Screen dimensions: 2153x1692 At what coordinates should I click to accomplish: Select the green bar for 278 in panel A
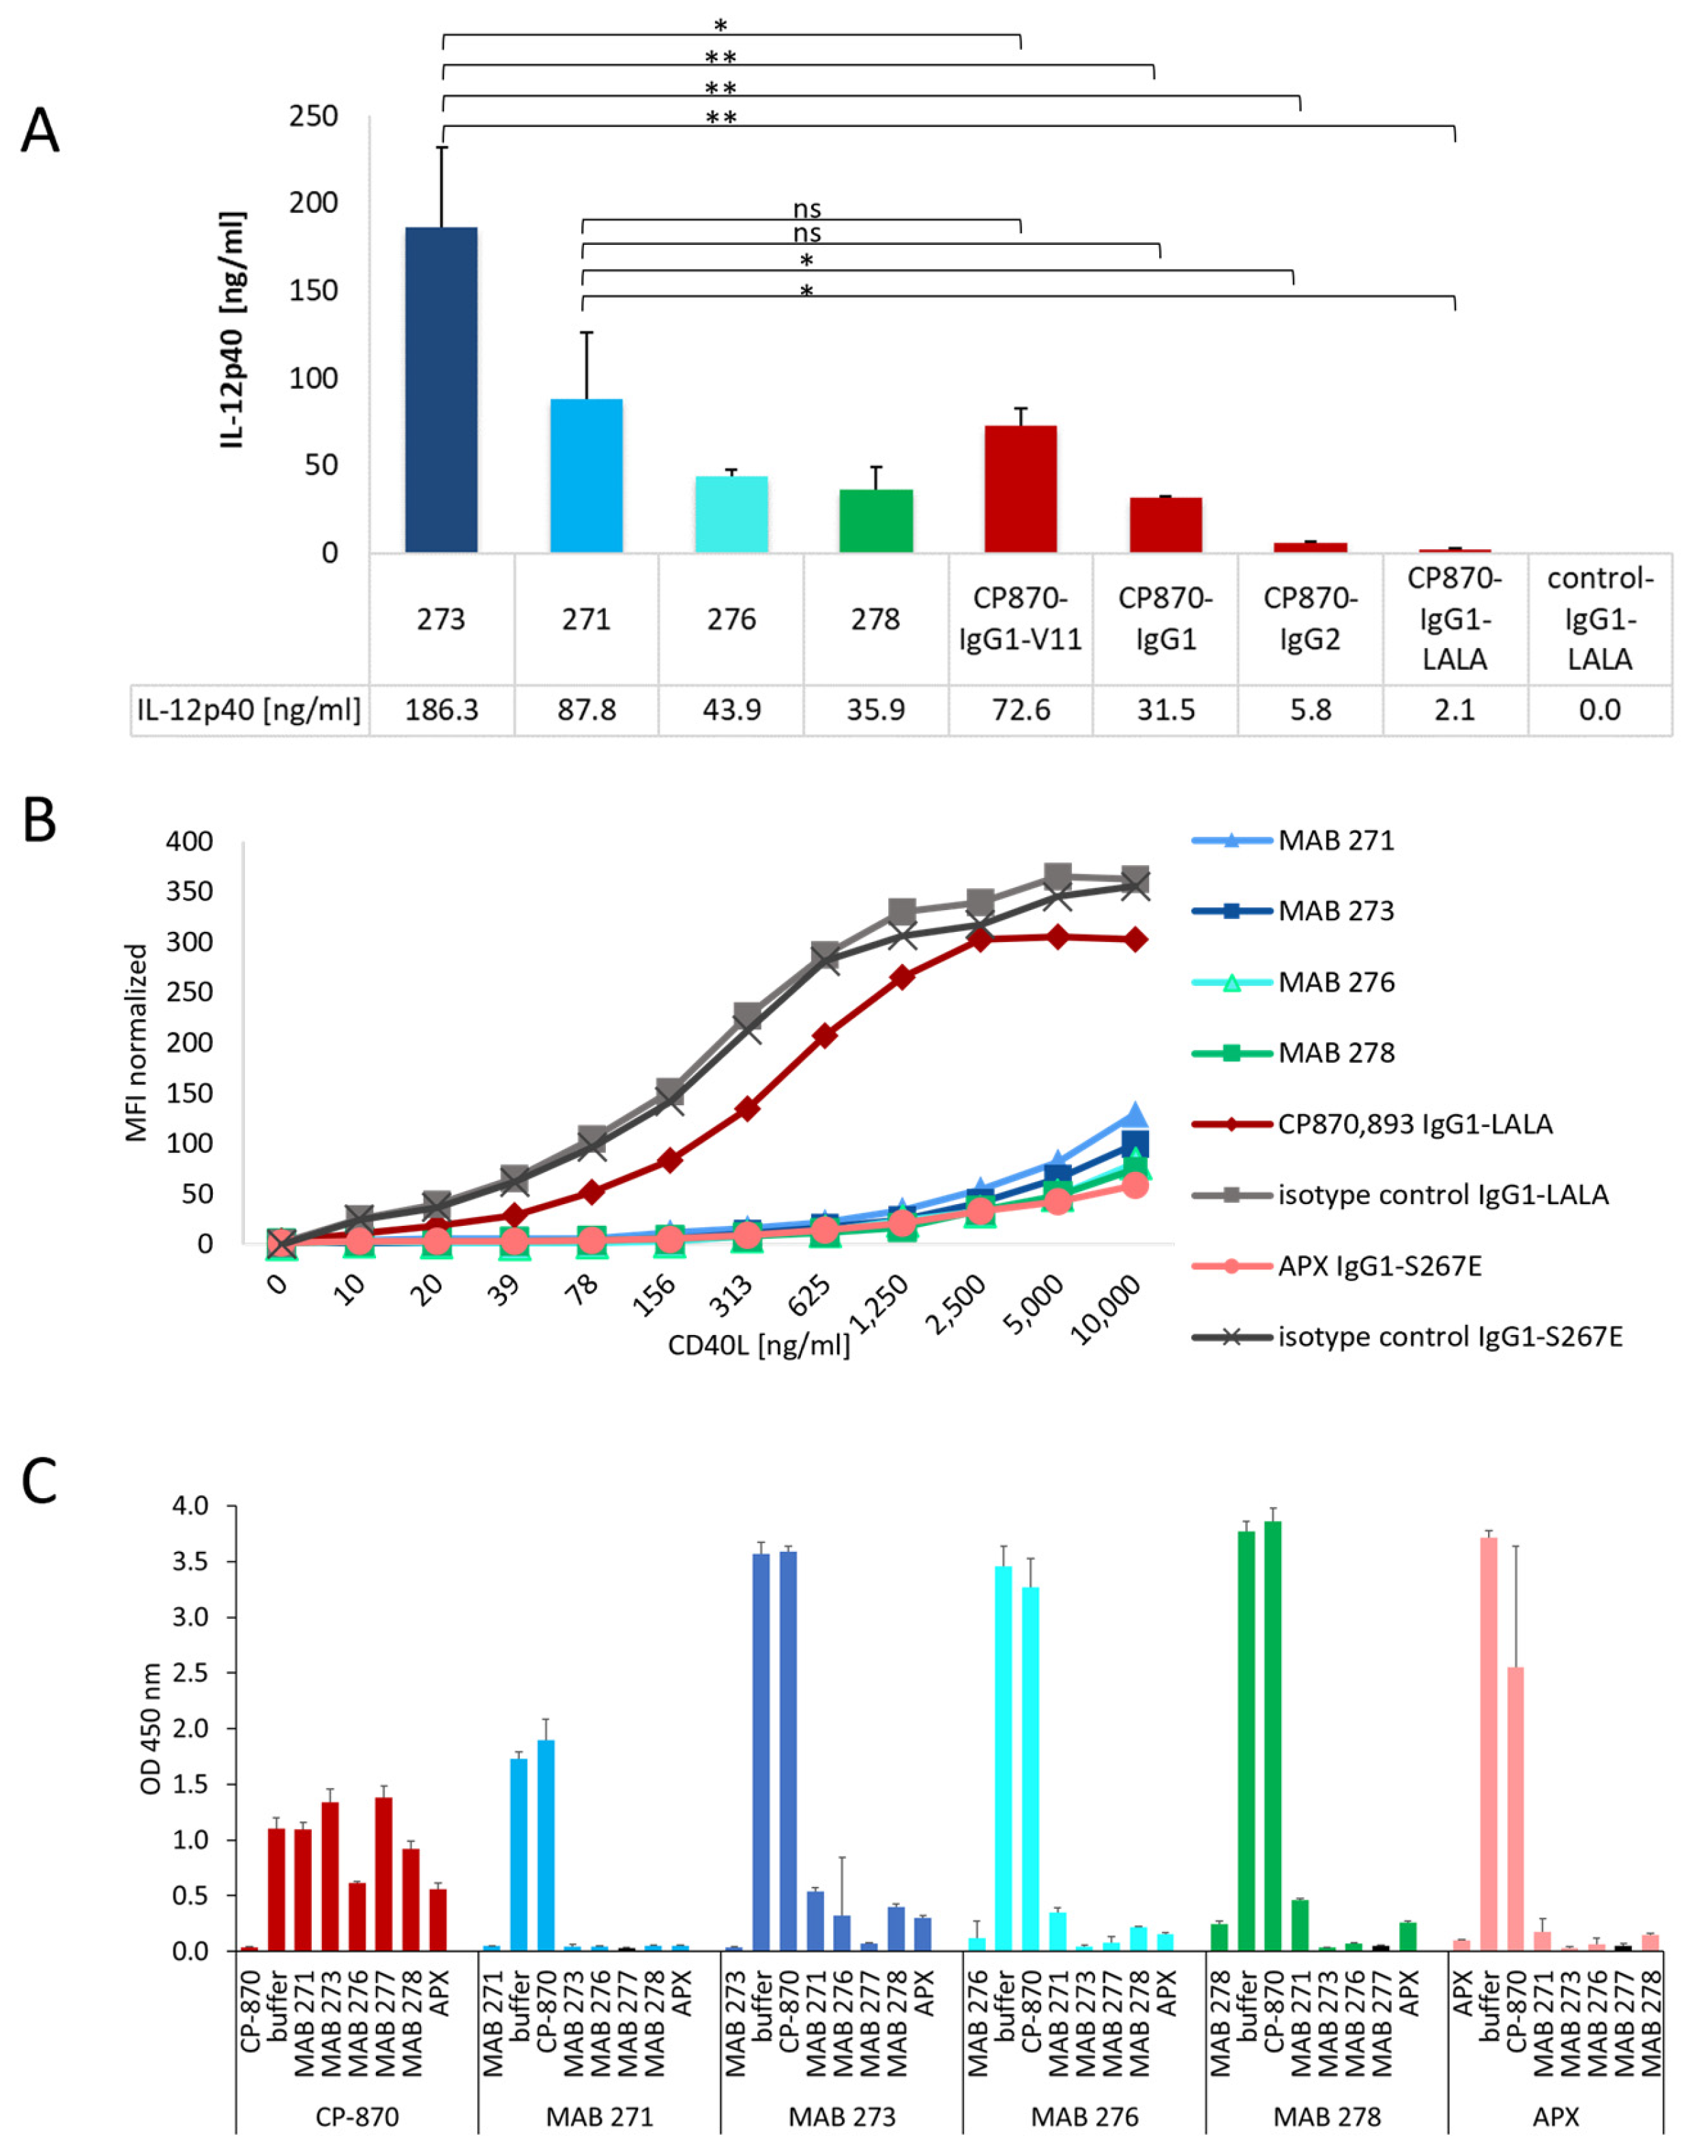(x=876, y=521)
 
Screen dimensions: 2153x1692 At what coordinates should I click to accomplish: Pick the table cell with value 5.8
(x=1310, y=710)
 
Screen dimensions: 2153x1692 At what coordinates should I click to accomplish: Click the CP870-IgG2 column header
(x=1310, y=619)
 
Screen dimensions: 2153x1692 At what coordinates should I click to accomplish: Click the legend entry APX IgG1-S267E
(x=1379, y=1267)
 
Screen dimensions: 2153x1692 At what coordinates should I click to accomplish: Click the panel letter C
(x=39, y=1482)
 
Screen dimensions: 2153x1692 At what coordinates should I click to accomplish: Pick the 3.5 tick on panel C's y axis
(x=190, y=1562)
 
